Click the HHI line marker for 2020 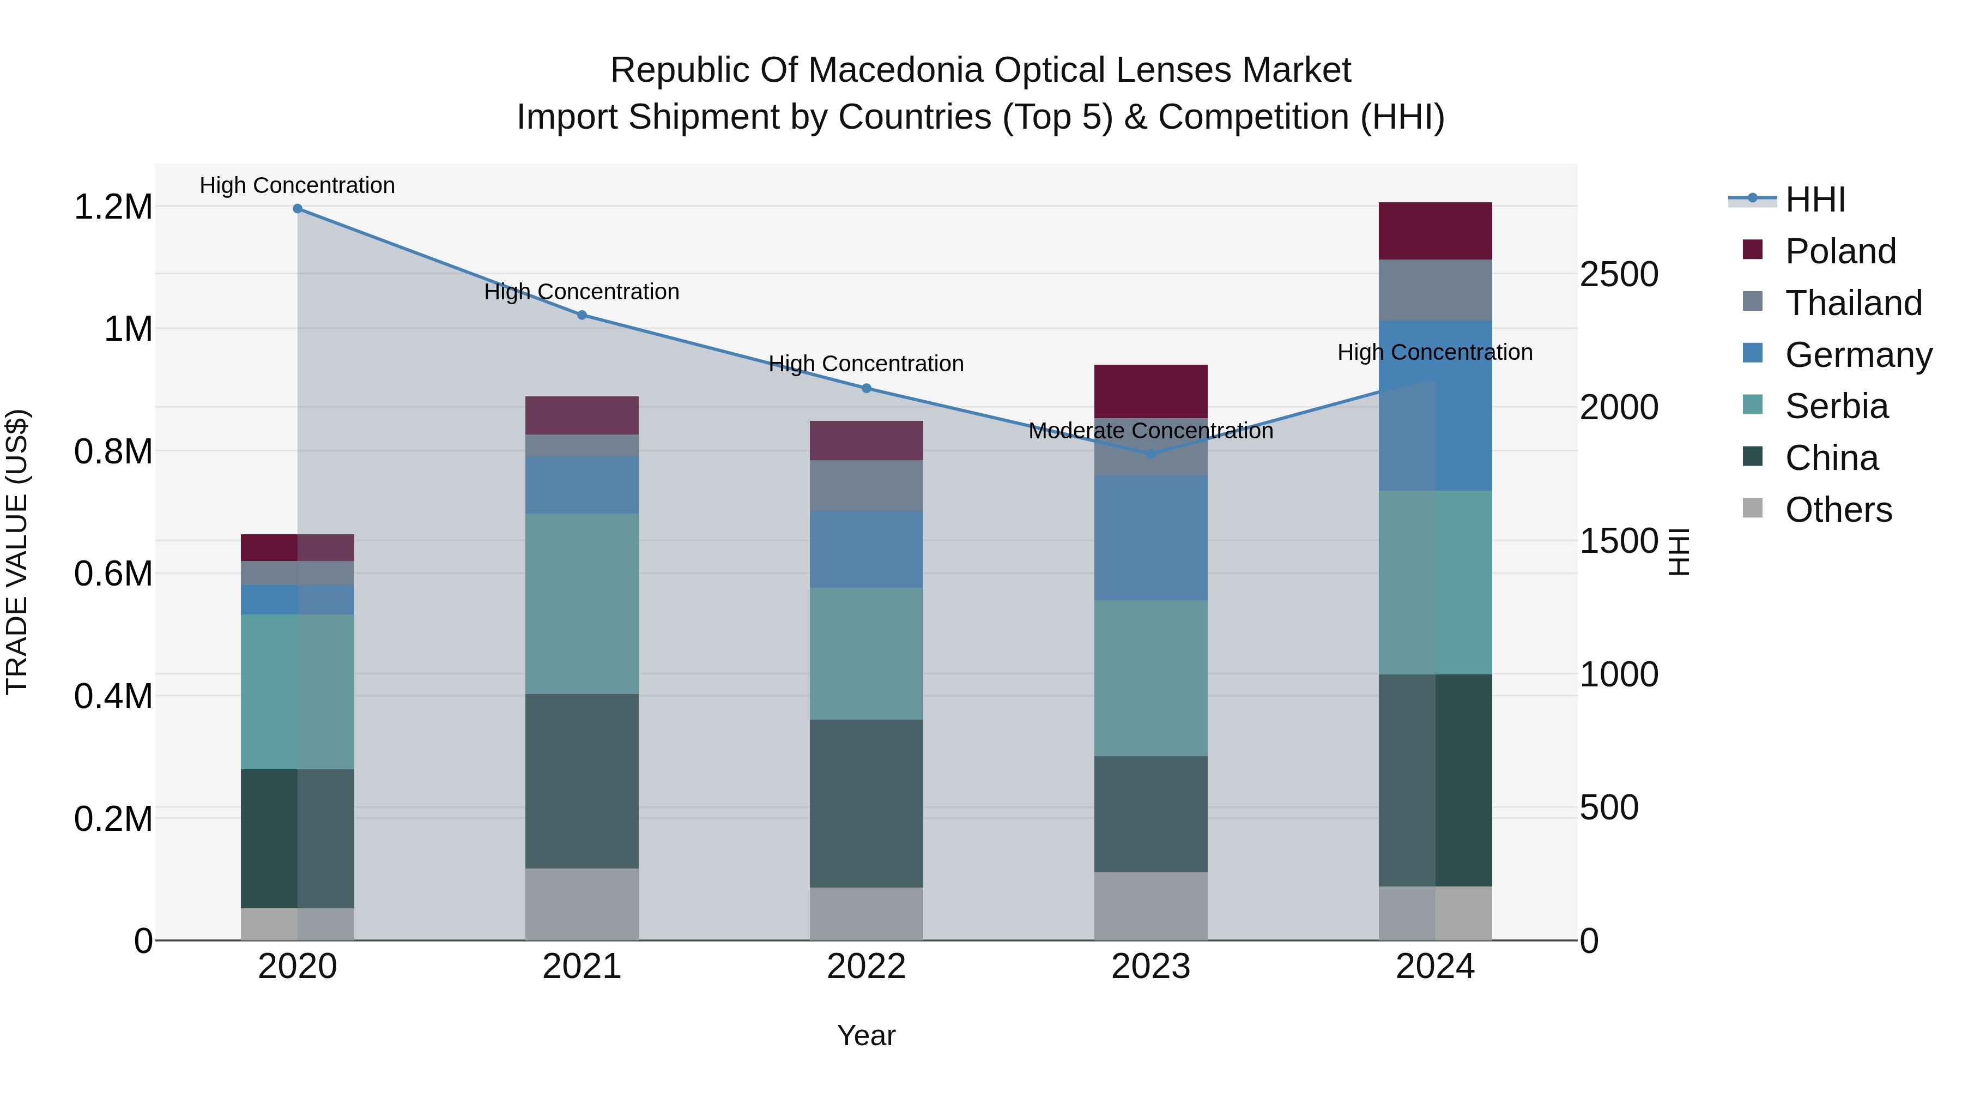(x=298, y=209)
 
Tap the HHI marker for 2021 (x=582, y=315)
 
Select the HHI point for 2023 (x=1151, y=454)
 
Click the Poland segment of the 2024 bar (x=1435, y=231)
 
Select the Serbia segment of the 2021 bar (x=582, y=604)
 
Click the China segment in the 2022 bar (x=866, y=803)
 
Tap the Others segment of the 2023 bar (x=1151, y=906)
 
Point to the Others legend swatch (x=1753, y=508)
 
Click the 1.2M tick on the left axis (x=113, y=207)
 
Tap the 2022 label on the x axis (x=866, y=967)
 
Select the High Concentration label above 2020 (x=297, y=185)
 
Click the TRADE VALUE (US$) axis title (x=17, y=552)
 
